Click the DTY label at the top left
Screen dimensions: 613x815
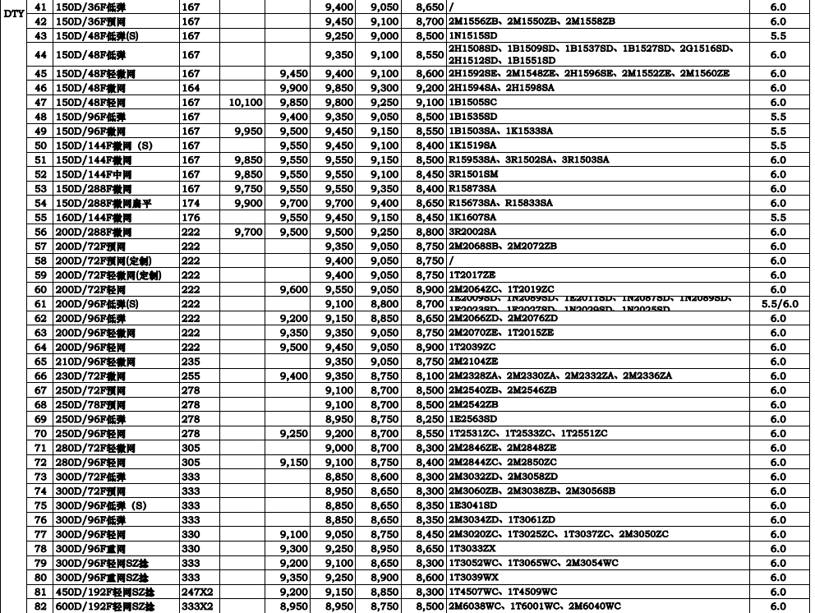click(x=13, y=12)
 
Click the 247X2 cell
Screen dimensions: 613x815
click(x=197, y=592)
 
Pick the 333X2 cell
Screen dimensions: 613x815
click(x=197, y=606)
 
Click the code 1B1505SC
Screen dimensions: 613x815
click(x=472, y=102)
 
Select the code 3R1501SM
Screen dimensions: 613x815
click(x=472, y=174)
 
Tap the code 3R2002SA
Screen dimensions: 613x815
click(x=472, y=232)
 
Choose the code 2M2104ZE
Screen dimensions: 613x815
click(x=472, y=362)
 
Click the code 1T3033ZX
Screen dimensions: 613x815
click(x=472, y=548)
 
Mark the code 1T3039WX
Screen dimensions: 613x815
click(x=472, y=578)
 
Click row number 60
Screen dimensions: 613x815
click(x=40, y=289)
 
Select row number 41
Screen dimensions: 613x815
click(x=40, y=7)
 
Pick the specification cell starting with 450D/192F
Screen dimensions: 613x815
click(x=104, y=592)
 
